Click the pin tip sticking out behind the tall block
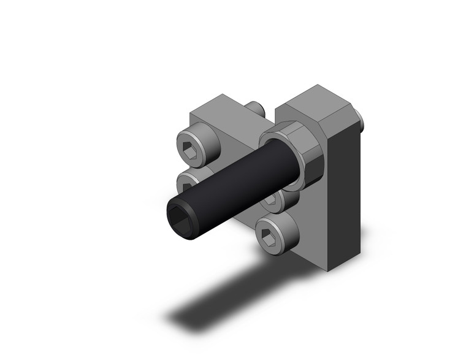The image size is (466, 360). coord(361,122)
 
